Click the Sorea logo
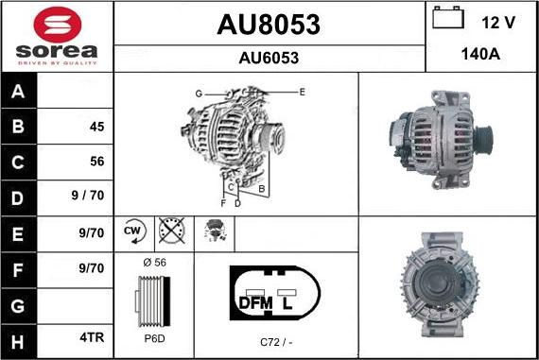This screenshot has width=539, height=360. [x=57, y=35]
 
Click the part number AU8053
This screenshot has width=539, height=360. [x=269, y=24]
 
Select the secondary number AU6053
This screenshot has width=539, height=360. [x=269, y=58]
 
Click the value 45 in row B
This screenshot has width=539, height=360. [x=96, y=127]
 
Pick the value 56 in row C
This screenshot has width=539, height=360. [x=96, y=162]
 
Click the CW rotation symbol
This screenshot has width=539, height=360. [x=132, y=231]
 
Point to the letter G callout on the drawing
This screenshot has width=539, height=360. [x=200, y=94]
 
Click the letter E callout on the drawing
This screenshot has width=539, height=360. [x=302, y=92]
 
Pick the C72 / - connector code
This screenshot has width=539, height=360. [x=276, y=341]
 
